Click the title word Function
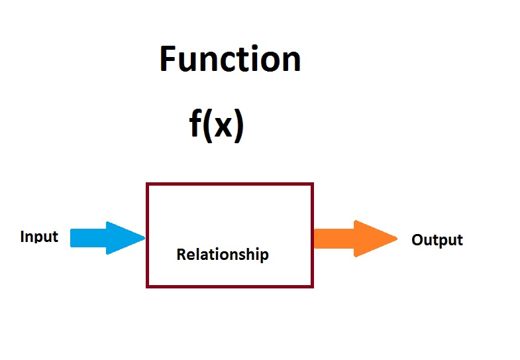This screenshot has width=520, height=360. pyautogui.click(x=230, y=60)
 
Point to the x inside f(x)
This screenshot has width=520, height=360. pyautogui.click(x=223, y=126)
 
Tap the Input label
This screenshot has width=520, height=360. pyautogui.click(x=39, y=237)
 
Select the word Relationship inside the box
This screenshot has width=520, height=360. pyautogui.click(x=223, y=254)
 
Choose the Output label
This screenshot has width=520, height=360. pyautogui.click(x=437, y=240)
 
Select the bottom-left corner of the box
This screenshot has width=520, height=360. pyautogui.click(x=148, y=286)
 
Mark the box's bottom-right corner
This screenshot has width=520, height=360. pyautogui.click(x=312, y=286)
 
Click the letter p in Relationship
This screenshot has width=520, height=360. pyautogui.click(x=264, y=256)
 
